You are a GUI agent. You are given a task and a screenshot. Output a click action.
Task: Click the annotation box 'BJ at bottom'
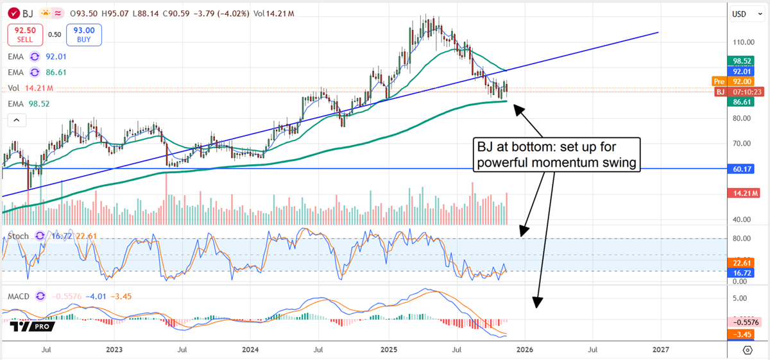[x=556, y=155]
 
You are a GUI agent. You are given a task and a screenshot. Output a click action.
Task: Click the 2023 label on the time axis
[x=114, y=350]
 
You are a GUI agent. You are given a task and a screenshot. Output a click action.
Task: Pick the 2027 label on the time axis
[x=660, y=350]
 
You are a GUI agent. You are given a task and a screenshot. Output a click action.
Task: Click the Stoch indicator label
[x=19, y=236]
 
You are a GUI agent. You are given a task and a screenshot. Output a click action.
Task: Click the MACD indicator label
[x=19, y=296]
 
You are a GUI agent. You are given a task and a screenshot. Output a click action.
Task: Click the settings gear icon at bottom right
[x=747, y=350]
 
